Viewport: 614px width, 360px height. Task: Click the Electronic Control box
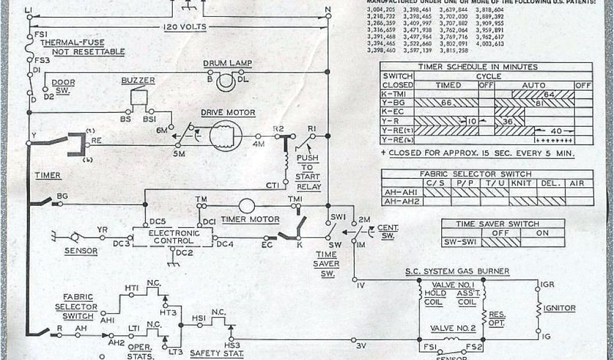click(173, 236)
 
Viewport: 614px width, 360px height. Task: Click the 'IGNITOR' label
click(560, 308)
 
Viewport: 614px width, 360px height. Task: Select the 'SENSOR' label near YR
click(82, 251)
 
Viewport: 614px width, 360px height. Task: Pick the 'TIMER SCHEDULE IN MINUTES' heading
click(478, 67)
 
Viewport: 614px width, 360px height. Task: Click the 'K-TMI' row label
click(396, 94)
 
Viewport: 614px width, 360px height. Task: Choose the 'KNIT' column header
click(521, 183)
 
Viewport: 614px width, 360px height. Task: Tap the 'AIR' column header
click(577, 183)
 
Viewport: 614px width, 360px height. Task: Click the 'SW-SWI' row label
click(460, 242)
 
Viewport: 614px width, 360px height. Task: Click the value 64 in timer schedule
click(548, 94)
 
